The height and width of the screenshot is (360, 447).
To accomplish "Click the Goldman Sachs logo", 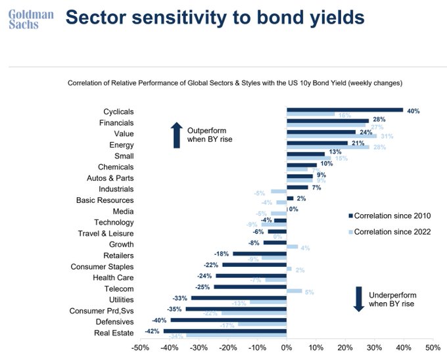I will (x=24, y=18).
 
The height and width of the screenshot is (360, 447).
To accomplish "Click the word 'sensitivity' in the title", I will (x=184, y=18).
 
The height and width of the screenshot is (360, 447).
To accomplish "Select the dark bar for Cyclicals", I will (x=344, y=110).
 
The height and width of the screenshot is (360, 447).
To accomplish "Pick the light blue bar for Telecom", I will (x=294, y=290).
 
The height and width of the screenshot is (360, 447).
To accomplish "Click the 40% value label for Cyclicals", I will (x=413, y=110).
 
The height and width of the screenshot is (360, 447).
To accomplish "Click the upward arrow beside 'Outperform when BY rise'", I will (x=176, y=135).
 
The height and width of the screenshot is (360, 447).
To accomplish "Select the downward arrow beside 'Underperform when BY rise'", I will (x=358, y=299).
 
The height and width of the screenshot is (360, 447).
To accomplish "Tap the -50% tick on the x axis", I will (x=141, y=347).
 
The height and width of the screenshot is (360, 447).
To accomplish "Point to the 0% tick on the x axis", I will (x=287, y=347).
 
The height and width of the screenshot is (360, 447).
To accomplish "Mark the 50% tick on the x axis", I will (x=433, y=347).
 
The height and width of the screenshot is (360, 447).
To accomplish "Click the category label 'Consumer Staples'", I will (x=102, y=267).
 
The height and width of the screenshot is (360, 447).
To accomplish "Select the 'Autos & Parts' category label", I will (x=110, y=178).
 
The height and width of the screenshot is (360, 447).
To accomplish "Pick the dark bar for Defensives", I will (x=228, y=320).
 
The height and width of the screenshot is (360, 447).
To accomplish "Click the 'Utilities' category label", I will (x=119, y=300).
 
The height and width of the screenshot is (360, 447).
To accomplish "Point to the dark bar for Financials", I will (x=327, y=121).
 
